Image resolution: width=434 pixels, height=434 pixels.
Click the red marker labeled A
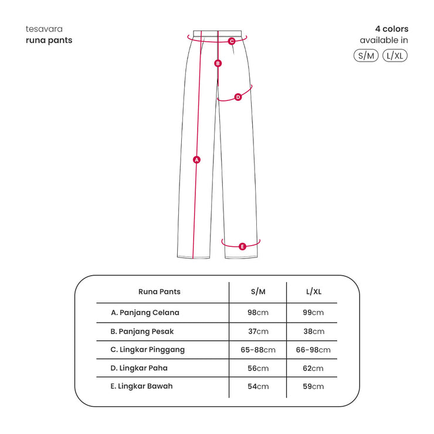tap(196, 160)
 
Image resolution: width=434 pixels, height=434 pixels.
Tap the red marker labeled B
tap(218, 63)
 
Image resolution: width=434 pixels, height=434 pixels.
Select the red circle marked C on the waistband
tap(232, 41)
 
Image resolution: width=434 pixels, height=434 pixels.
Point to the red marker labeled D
tap(238, 97)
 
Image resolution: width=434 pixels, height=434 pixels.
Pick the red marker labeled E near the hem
tap(242, 246)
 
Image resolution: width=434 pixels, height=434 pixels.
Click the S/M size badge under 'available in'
tap(366, 56)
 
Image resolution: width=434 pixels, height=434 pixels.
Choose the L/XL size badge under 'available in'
tap(395, 56)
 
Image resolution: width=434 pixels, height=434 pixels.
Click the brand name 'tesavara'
tap(44, 29)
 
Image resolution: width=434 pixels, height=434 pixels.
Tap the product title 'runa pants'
tap(49, 40)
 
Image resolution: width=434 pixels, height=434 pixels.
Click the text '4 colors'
tap(392, 29)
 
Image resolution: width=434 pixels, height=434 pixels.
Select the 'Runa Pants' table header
tap(159, 291)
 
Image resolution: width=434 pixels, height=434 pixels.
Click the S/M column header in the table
tap(258, 291)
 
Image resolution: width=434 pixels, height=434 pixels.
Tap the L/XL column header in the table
tap(314, 291)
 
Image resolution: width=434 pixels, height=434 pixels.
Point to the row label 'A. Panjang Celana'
tap(145, 313)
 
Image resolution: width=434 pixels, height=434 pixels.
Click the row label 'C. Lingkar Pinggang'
tap(148, 350)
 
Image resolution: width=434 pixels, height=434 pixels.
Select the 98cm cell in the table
tap(258, 313)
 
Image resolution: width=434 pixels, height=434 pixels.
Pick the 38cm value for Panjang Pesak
tap(314, 331)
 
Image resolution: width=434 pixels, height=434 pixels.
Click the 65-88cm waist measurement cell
tap(258, 350)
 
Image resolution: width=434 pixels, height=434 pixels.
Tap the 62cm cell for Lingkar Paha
tap(313, 368)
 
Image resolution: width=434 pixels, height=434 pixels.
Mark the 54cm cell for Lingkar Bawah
tap(258, 386)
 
